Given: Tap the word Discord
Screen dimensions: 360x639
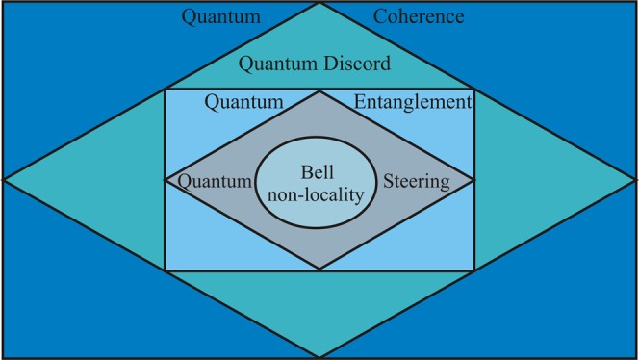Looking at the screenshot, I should click(x=356, y=65).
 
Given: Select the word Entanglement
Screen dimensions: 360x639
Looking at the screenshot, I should click(x=412, y=101).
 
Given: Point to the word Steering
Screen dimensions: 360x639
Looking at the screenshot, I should click(x=416, y=180).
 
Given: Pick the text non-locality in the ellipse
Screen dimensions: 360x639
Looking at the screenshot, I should click(x=318, y=193).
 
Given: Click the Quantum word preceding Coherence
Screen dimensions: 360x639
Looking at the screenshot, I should click(x=221, y=17).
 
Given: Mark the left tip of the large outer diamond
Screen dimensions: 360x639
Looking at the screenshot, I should click(x=4, y=179).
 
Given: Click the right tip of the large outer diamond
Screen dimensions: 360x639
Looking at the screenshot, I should click(x=635, y=179).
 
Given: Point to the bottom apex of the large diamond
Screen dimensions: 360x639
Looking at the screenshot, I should click(x=319, y=356).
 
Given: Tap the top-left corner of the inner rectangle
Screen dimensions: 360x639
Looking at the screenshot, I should click(x=165, y=90).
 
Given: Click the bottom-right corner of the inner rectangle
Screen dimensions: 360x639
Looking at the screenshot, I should click(x=473, y=270).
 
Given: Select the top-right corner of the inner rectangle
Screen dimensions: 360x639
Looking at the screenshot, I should click(x=473, y=90).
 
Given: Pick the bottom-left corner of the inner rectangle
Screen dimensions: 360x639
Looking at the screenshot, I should click(x=165, y=270).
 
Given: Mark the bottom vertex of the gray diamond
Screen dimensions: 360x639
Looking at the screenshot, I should click(x=319, y=270).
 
